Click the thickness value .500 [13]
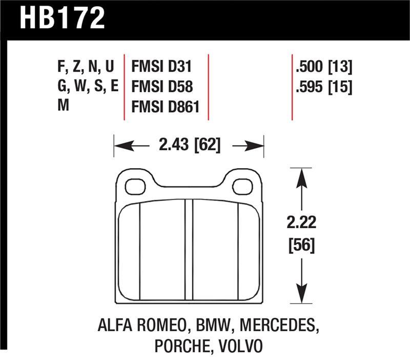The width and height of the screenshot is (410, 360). coord(324,67)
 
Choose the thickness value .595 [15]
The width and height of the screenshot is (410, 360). coord(324,86)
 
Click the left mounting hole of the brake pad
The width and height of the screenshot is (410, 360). coord(135,187)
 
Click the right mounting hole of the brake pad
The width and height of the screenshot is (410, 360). coord(242,187)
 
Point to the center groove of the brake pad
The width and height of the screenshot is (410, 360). coord(189,249)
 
